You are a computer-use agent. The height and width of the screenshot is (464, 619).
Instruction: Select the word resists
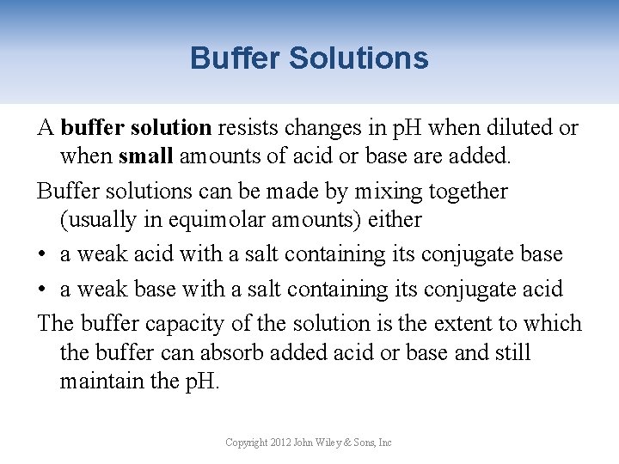(x=249, y=128)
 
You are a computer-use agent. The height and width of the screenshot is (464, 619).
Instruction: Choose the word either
(x=395, y=219)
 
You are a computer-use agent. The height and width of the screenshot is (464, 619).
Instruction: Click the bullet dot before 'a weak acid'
(x=43, y=255)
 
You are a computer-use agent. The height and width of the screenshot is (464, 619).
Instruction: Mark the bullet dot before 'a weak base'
(x=43, y=290)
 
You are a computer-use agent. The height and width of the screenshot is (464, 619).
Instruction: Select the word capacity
(x=182, y=324)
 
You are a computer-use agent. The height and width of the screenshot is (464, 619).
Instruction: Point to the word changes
(x=322, y=128)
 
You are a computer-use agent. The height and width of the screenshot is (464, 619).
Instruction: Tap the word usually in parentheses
(x=101, y=219)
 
